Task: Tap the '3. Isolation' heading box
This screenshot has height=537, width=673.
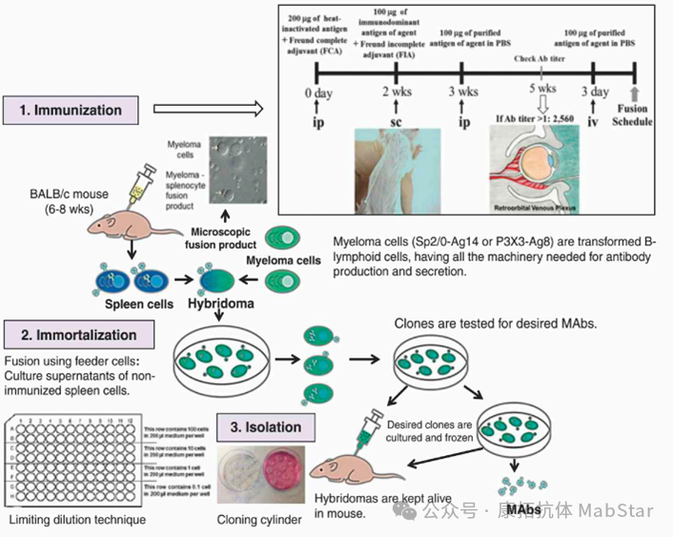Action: click(x=261, y=426)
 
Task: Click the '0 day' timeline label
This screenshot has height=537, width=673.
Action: click(x=313, y=92)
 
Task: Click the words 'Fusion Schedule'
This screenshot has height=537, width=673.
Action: click(x=633, y=115)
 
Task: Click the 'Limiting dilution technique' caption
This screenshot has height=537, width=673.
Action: click(x=76, y=519)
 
